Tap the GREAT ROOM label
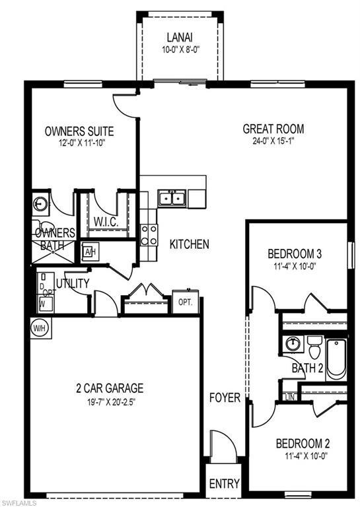coord(273,129)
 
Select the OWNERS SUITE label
coord(79,131)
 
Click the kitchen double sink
coord(172,197)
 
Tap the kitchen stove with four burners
coord(149,233)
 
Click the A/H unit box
coord(90,251)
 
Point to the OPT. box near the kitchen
coord(185,302)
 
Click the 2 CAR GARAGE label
coord(109,388)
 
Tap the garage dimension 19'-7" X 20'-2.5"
coord(109,401)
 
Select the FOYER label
coord(225,398)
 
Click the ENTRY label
coord(224,484)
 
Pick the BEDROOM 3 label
coord(295,254)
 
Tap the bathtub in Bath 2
coord(336,358)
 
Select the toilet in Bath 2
coord(314,345)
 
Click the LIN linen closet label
coord(289,397)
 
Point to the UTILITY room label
coord(73,283)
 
